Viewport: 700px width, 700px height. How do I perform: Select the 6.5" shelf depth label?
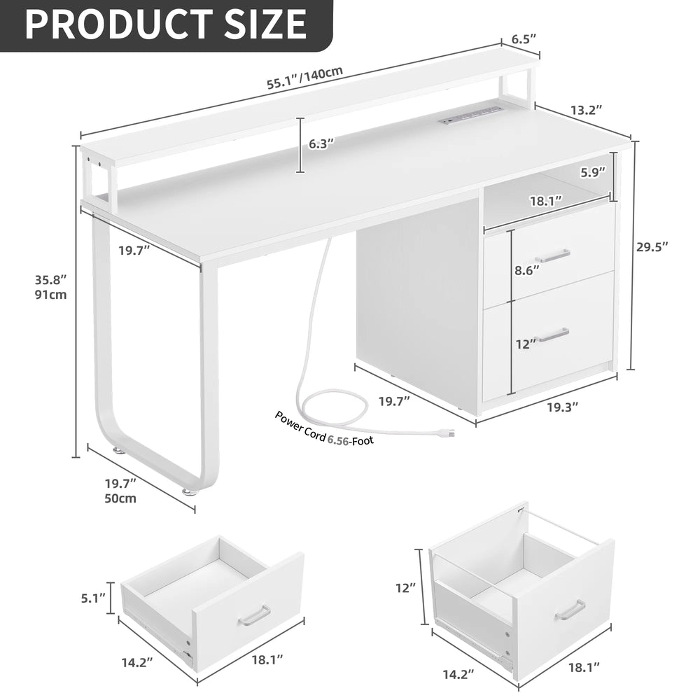point(524,38)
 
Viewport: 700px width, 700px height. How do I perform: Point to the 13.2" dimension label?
point(587,110)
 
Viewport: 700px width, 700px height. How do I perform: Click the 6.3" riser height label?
point(321,144)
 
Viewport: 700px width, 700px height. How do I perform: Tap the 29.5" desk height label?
point(652,246)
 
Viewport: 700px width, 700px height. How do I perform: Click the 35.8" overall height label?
point(51,280)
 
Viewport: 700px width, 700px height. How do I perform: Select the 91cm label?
point(51,295)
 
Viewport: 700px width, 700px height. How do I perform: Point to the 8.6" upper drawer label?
point(527,270)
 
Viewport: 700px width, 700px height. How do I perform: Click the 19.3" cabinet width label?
point(563,407)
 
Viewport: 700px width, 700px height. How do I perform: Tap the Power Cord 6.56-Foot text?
point(324,428)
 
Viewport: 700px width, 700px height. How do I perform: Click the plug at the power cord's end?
point(448,433)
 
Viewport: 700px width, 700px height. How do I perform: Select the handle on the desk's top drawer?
point(552,255)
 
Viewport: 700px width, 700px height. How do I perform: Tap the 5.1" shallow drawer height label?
point(94,598)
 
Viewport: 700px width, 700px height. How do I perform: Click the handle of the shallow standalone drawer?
point(254,615)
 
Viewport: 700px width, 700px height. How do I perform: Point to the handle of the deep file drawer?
point(570,610)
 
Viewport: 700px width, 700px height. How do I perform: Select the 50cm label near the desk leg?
point(120,498)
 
